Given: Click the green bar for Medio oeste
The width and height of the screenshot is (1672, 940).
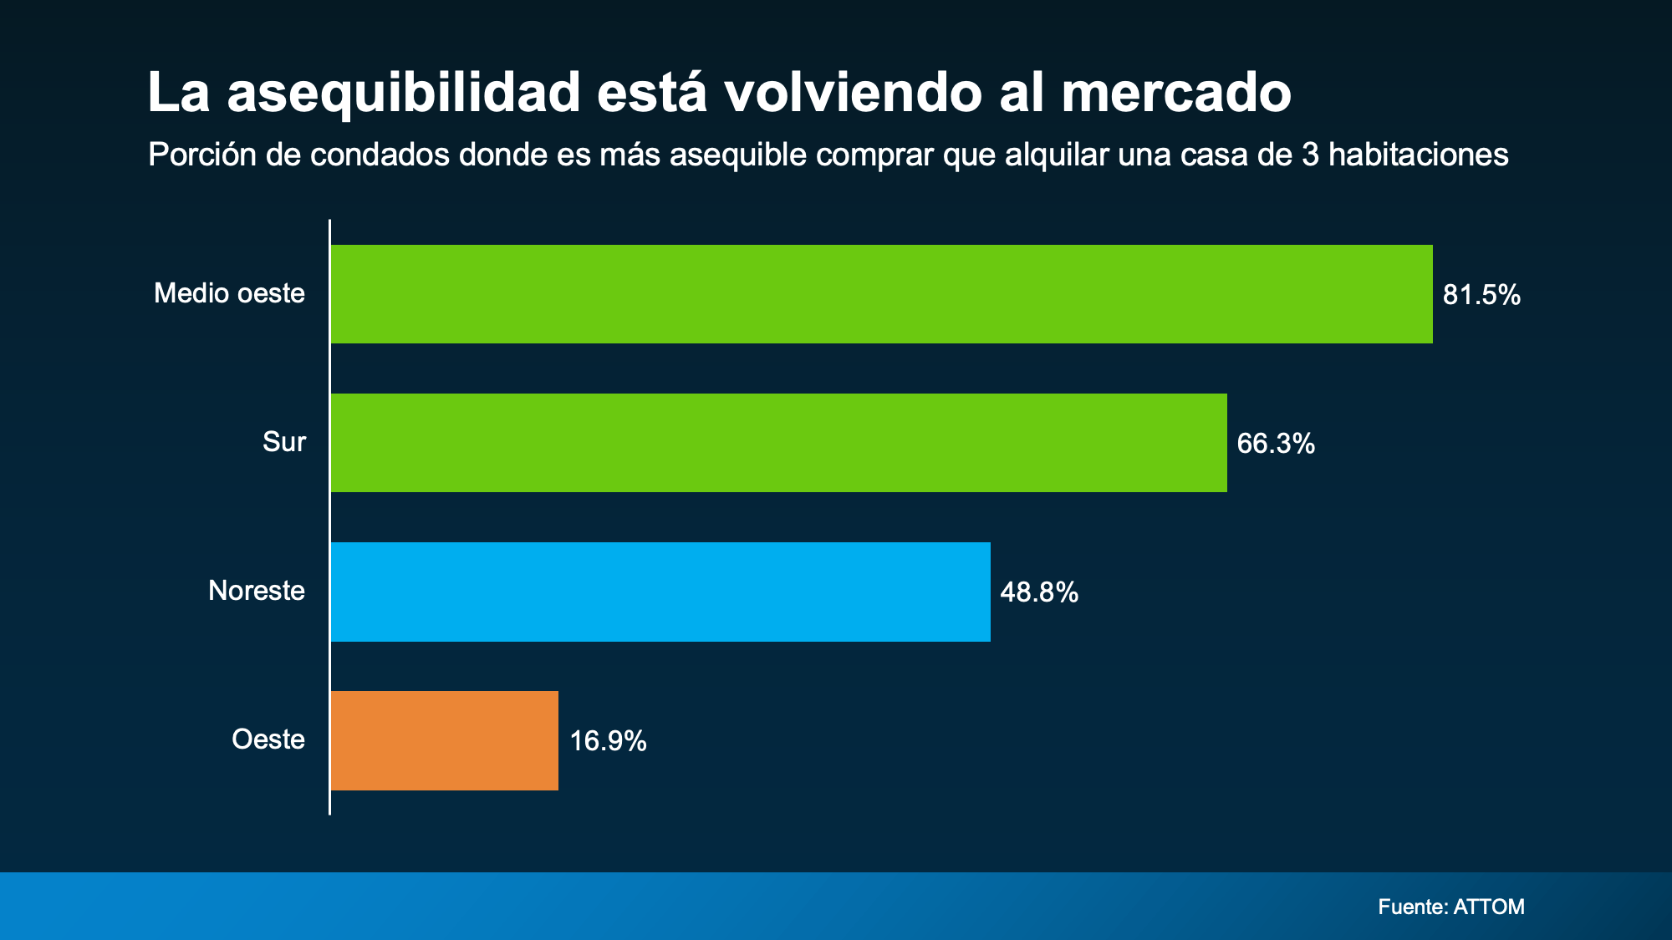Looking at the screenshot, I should tap(881, 294).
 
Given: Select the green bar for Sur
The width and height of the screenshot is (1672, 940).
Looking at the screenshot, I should tap(778, 443).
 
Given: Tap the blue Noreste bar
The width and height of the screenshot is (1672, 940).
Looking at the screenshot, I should tap(660, 592).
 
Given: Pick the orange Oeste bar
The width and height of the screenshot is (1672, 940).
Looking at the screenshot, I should tap(444, 740).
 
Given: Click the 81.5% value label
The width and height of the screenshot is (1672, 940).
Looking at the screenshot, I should tap(1481, 295).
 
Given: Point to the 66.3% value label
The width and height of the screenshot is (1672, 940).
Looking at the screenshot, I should tap(1276, 444).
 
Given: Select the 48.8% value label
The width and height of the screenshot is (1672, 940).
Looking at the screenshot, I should tap(1039, 592).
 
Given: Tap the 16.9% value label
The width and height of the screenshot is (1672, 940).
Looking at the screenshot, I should tap(608, 741).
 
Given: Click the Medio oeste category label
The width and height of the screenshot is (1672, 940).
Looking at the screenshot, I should tap(229, 293).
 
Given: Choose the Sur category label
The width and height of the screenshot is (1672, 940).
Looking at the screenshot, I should tap(284, 442).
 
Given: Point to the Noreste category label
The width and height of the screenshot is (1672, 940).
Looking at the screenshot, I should tap(257, 591).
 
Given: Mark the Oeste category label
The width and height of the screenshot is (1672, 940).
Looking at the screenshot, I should tap(268, 739).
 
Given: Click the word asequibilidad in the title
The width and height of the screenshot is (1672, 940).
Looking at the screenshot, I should tap(404, 93).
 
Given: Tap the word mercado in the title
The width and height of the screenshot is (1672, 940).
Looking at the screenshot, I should tap(1176, 93).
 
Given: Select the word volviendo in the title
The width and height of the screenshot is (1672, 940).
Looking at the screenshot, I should tap(853, 93).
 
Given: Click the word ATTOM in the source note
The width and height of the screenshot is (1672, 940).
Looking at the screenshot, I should tap(1489, 907).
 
